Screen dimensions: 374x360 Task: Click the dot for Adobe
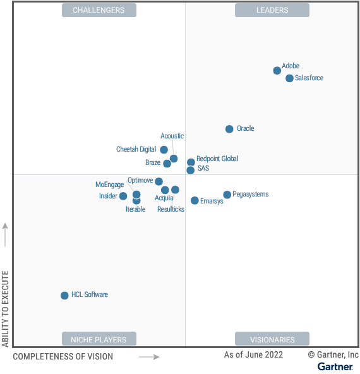[x=277, y=71]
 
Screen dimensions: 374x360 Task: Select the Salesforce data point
[x=289, y=78]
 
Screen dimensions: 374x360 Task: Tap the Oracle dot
[x=229, y=129]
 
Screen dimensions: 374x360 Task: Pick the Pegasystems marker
[x=227, y=195]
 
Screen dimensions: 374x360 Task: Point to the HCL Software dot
[x=64, y=296]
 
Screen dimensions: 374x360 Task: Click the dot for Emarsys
[x=195, y=201]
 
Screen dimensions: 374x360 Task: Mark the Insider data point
[x=123, y=196]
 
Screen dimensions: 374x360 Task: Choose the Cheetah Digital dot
[x=164, y=150]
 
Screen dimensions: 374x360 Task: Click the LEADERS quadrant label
[x=272, y=10]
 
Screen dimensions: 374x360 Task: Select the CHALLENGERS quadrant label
[x=99, y=10]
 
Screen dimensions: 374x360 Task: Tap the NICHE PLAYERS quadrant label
[x=99, y=339]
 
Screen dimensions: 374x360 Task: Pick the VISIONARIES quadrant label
[x=272, y=339]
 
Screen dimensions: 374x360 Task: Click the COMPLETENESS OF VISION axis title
[x=63, y=356]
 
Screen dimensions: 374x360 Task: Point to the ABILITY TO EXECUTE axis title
[x=6, y=309]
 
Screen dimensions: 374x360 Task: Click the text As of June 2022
[x=253, y=355]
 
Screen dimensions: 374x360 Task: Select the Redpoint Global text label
[x=217, y=159]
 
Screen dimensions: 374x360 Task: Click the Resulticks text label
[x=171, y=209]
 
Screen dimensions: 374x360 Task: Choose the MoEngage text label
[x=109, y=184]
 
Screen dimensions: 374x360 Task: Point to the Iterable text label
[x=135, y=209]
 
